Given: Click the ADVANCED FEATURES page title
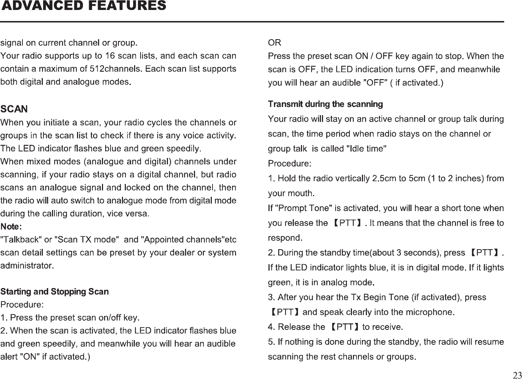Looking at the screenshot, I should tap(84, 6).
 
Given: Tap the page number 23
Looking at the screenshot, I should tap(516, 375).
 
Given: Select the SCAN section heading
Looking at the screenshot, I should tap(14, 108).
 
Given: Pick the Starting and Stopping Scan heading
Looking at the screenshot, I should tap(55, 292).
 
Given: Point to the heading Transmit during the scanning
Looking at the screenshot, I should tap(325, 104).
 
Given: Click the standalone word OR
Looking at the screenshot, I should tap(274, 43).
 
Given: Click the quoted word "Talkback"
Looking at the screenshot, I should tap(21, 239).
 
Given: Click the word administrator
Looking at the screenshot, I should tap(27, 266).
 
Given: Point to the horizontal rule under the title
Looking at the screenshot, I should tap(252, 22).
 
